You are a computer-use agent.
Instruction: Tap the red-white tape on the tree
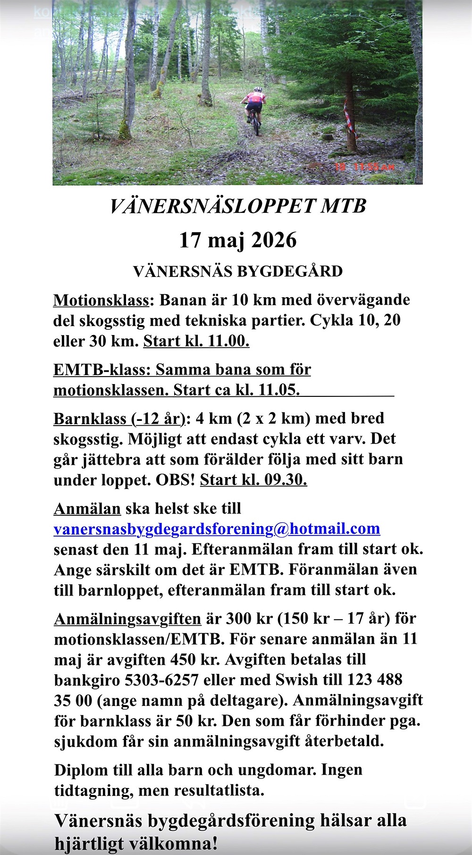pos(351,120)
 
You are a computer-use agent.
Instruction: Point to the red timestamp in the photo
pos(364,167)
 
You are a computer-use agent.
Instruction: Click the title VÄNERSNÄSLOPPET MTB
pos(238,206)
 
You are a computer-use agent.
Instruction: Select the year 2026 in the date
pos(274,240)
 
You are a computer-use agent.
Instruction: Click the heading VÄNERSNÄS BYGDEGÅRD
pos(238,271)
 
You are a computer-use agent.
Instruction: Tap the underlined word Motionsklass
pos(101,300)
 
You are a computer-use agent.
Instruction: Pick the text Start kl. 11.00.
pos(196,341)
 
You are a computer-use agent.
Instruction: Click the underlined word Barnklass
pos(89,419)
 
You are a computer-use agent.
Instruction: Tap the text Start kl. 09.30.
pos(253,480)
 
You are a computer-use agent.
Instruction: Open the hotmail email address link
pos(217,529)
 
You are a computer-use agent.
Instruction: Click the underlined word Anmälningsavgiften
pos(127,619)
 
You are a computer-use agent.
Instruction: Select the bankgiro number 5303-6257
pos(161,680)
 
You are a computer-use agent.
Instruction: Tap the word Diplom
pos(81,770)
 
